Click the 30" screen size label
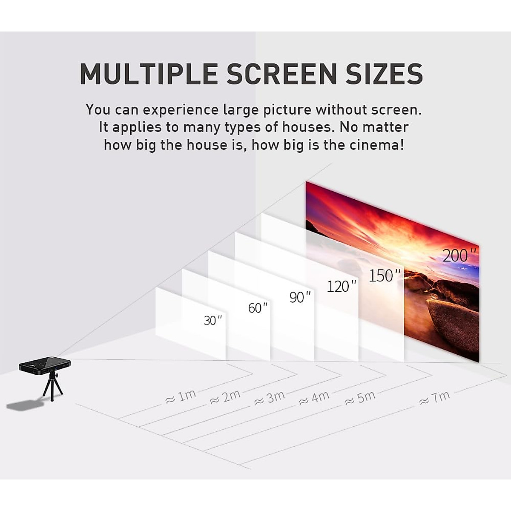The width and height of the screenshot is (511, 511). [212, 320]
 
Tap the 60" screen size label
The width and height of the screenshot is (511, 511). [258, 307]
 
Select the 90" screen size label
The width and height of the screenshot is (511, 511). [300, 297]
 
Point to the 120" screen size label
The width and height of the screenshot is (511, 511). [341, 286]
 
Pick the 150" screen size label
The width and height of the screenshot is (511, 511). [385, 276]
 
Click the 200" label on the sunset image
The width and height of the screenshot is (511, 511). [459, 255]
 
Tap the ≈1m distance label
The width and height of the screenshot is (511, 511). [181, 397]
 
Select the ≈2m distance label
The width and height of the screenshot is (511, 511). [225, 397]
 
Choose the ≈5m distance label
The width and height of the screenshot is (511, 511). [360, 398]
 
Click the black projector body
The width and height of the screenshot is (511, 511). [44, 365]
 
